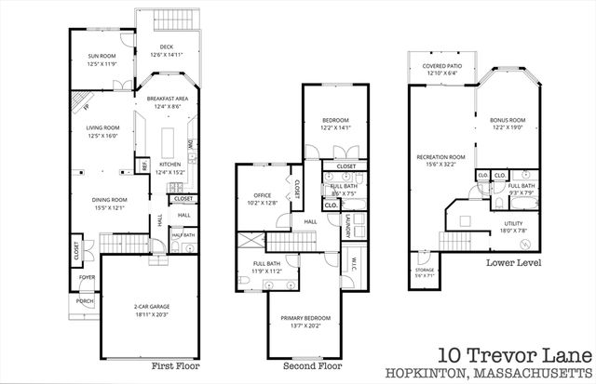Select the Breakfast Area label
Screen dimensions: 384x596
pyautogui.click(x=169, y=99)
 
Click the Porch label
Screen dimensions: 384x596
pyautogui.click(x=85, y=300)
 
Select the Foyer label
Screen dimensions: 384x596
pyautogui.click(x=86, y=277)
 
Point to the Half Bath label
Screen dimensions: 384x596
pyautogui.click(x=183, y=235)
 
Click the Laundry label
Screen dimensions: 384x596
pyautogui.click(x=347, y=223)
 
